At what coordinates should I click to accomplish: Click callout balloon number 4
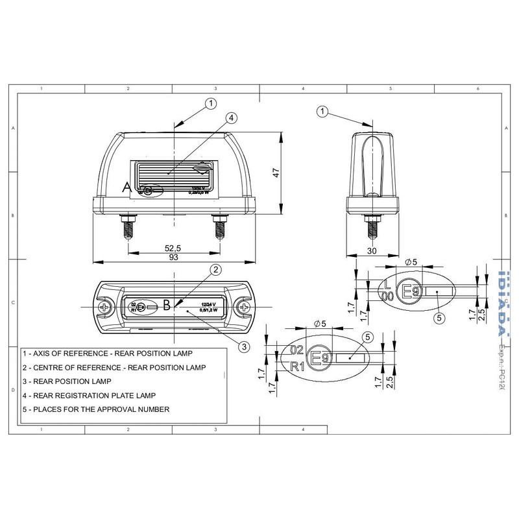(232, 117)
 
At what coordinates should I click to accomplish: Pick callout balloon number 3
(242, 346)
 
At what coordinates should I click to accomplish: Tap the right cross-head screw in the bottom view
(245, 306)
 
